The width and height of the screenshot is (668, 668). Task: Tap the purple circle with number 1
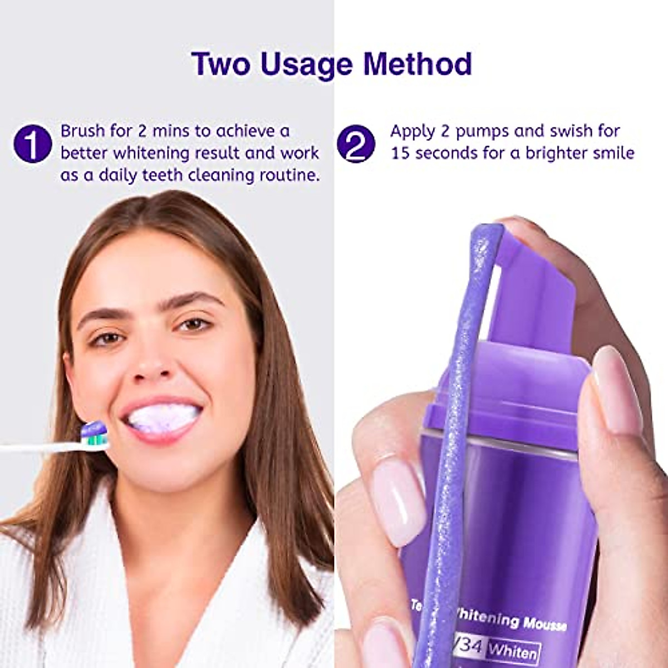[x=33, y=143]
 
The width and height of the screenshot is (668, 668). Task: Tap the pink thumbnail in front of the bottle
[x=392, y=495]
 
